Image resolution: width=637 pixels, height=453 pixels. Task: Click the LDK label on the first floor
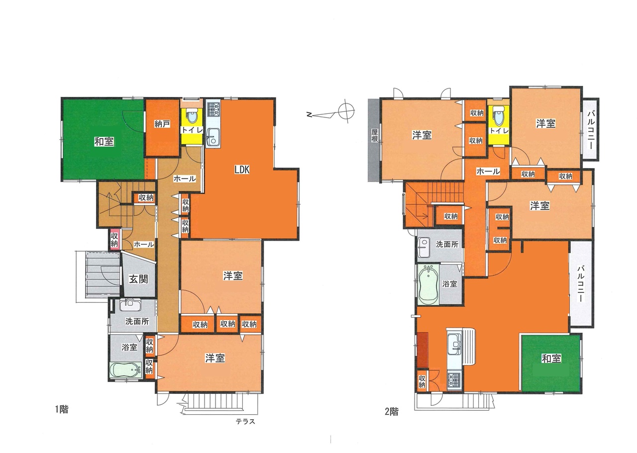pyautogui.click(x=242, y=170)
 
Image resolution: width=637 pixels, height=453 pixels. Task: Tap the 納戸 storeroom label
pyautogui.click(x=162, y=124)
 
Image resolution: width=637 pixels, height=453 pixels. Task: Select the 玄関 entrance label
pyautogui.click(x=138, y=279)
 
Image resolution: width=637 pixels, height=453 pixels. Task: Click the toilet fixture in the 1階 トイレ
pyautogui.click(x=192, y=116)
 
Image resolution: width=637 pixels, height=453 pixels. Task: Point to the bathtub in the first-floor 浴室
pyautogui.click(x=125, y=370)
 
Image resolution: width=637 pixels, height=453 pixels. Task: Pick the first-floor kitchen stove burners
pyautogui.click(x=213, y=109)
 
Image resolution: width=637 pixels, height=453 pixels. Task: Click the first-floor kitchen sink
pyautogui.click(x=213, y=137)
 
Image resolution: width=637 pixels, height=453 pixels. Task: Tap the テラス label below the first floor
pyautogui.click(x=245, y=422)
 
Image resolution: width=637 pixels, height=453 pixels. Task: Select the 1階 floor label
pyautogui.click(x=62, y=409)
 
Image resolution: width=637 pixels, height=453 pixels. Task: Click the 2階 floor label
pyautogui.click(x=392, y=411)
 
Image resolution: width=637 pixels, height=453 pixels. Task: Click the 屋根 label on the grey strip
pyautogui.click(x=375, y=136)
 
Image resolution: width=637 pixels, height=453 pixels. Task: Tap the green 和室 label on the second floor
pyautogui.click(x=551, y=359)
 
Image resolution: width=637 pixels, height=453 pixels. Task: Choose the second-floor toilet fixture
pyautogui.click(x=498, y=116)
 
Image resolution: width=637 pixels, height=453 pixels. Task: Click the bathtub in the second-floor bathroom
pyautogui.click(x=428, y=285)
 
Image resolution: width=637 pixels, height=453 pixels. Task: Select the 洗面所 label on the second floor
pyautogui.click(x=447, y=244)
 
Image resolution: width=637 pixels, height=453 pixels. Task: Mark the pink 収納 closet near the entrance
pyautogui.click(x=114, y=240)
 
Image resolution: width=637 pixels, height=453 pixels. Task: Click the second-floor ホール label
pyautogui.click(x=488, y=172)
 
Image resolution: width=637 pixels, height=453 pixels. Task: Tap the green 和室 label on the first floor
pyautogui.click(x=104, y=141)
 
